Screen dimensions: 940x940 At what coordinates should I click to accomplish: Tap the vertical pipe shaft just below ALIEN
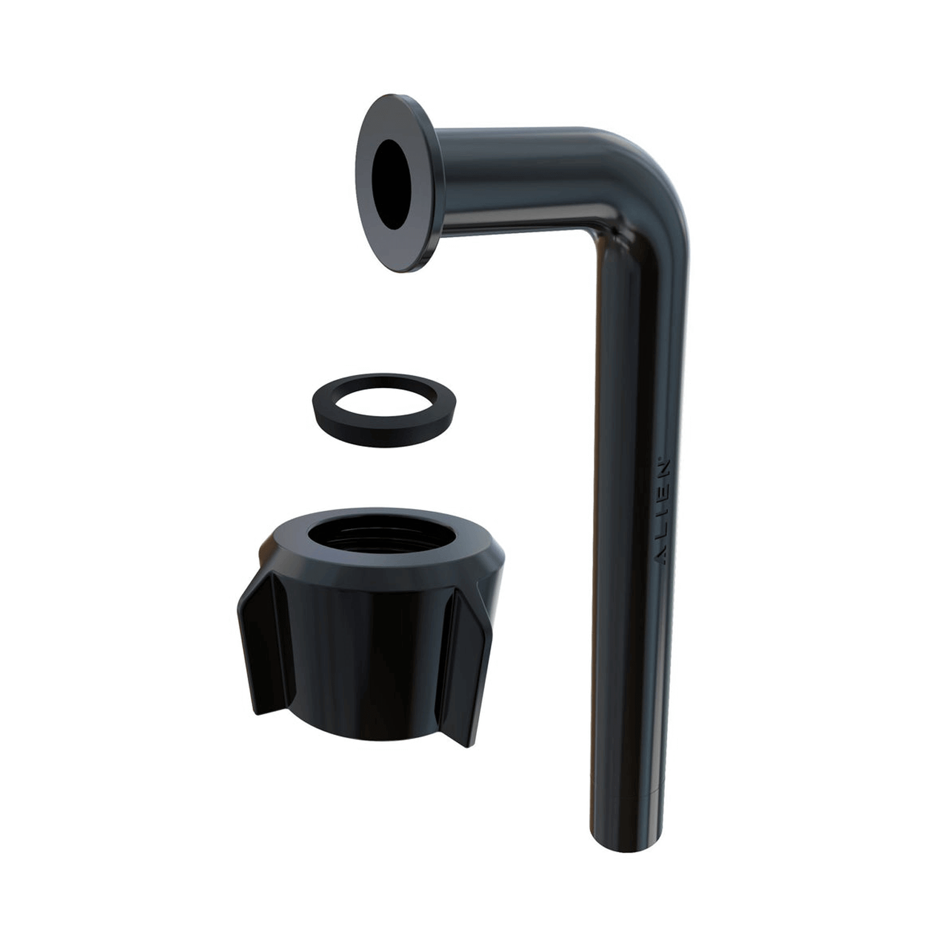coord(627,627)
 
